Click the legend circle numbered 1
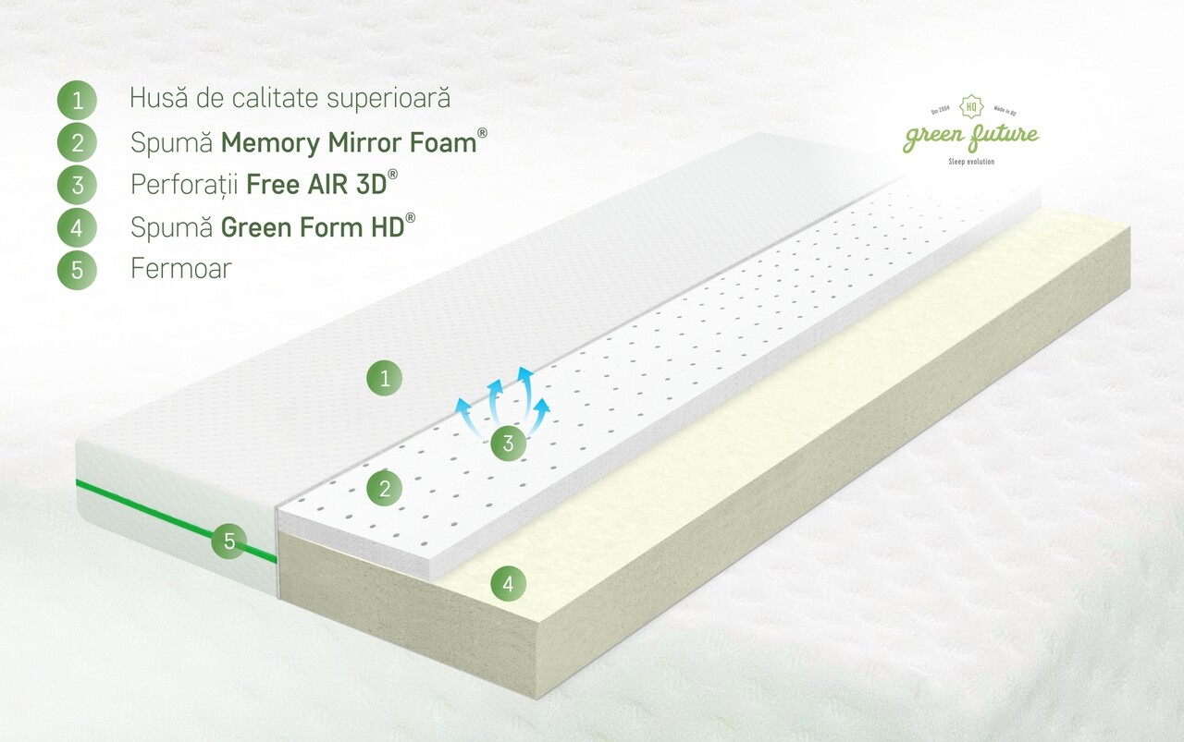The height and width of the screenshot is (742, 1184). [x=77, y=100]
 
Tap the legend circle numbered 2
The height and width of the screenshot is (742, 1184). [x=77, y=142]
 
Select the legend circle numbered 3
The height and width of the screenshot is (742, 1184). [x=77, y=185]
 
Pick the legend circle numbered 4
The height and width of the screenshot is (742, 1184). [x=77, y=227]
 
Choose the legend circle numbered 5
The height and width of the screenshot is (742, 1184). [x=77, y=270]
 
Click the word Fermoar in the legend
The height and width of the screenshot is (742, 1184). [x=181, y=268]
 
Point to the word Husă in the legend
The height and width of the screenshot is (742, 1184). [x=158, y=98]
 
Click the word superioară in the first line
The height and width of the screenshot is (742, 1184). [x=388, y=99]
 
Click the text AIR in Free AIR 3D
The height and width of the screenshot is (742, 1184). [x=325, y=185]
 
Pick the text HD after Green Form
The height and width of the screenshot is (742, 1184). [x=388, y=227]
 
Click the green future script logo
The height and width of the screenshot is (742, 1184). [x=971, y=136]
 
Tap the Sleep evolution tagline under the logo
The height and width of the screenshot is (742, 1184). [x=971, y=162]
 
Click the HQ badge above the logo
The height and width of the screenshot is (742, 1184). [x=971, y=106]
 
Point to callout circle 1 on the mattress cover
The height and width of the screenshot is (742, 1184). [x=385, y=378]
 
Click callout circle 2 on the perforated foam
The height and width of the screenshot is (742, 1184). [x=385, y=489]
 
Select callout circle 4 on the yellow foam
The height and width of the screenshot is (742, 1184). [x=508, y=584]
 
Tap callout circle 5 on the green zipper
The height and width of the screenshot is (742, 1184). [x=229, y=541]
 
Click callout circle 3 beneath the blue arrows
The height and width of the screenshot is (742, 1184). [x=508, y=444]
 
